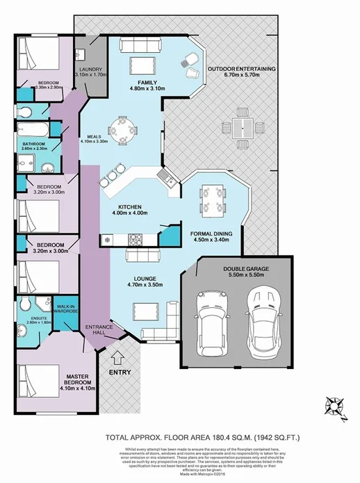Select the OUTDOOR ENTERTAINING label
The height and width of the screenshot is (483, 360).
(x=242, y=69)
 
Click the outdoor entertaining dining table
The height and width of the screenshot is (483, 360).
(x=243, y=126)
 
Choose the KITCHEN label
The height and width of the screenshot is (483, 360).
(x=130, y=207)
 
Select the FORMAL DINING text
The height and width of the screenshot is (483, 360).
(x=215, y=234)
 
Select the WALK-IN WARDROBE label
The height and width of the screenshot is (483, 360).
(x=66, y=309)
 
